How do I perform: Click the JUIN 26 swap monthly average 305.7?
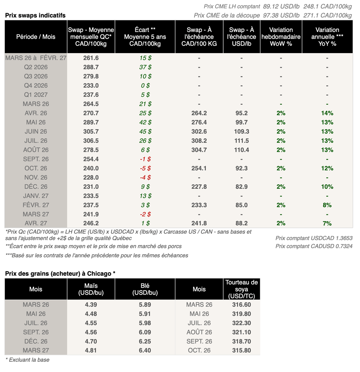pyautogui.click(x=91, y=132)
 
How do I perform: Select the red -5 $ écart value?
pyautogui.click(x=144, y=168)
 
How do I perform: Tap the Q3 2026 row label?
pyautogui.click(x=36, y=76)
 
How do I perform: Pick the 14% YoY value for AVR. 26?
pyautogui.click(x=327, y=113)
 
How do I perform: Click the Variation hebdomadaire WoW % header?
pyautogui.click(x=281, y=37)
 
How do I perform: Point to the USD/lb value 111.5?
pyautogui.click(x=242, y=141)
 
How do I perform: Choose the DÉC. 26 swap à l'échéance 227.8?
pyautogui.click(x=199, y=187)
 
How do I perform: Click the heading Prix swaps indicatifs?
pyautogui.click(x=35, y=15)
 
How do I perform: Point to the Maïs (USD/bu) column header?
pyautogui.click(x=91, y=289)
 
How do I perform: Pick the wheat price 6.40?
pyautogui.click(x=145, y=350)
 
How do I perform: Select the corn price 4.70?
pyautogui.click(x=91, y=341)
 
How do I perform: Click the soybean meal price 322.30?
pyautogui.click(x=242, y=323)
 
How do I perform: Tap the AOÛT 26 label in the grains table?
pyautogui.click(x=199, y=332)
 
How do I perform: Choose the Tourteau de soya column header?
pyautogui.click(x=242, y=289)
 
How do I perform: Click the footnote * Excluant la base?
pyautogui.click(x=27, y=360)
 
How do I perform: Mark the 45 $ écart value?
pyautogui.click(x=145, y=132)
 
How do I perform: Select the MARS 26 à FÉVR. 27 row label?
pyautogui.click(x=36, y=58)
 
